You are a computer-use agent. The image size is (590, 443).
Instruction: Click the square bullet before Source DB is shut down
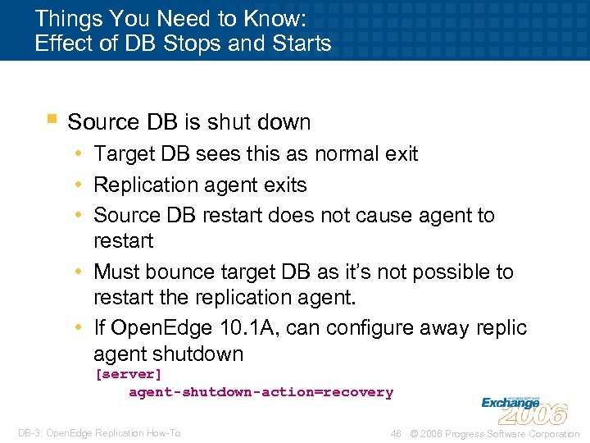pyautogui.click(x=52, y=120)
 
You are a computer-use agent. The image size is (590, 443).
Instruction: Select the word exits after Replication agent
pyautogui.click(x=284, y=185)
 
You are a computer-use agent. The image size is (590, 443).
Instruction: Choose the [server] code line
pyautogui.click(x=129, y=374)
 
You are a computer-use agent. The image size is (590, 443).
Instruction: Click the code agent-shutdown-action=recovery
pyautogui.click(x=261, y=392)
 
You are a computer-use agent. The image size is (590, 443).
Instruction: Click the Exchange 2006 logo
pyautogui.click(x=524, y=405)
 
